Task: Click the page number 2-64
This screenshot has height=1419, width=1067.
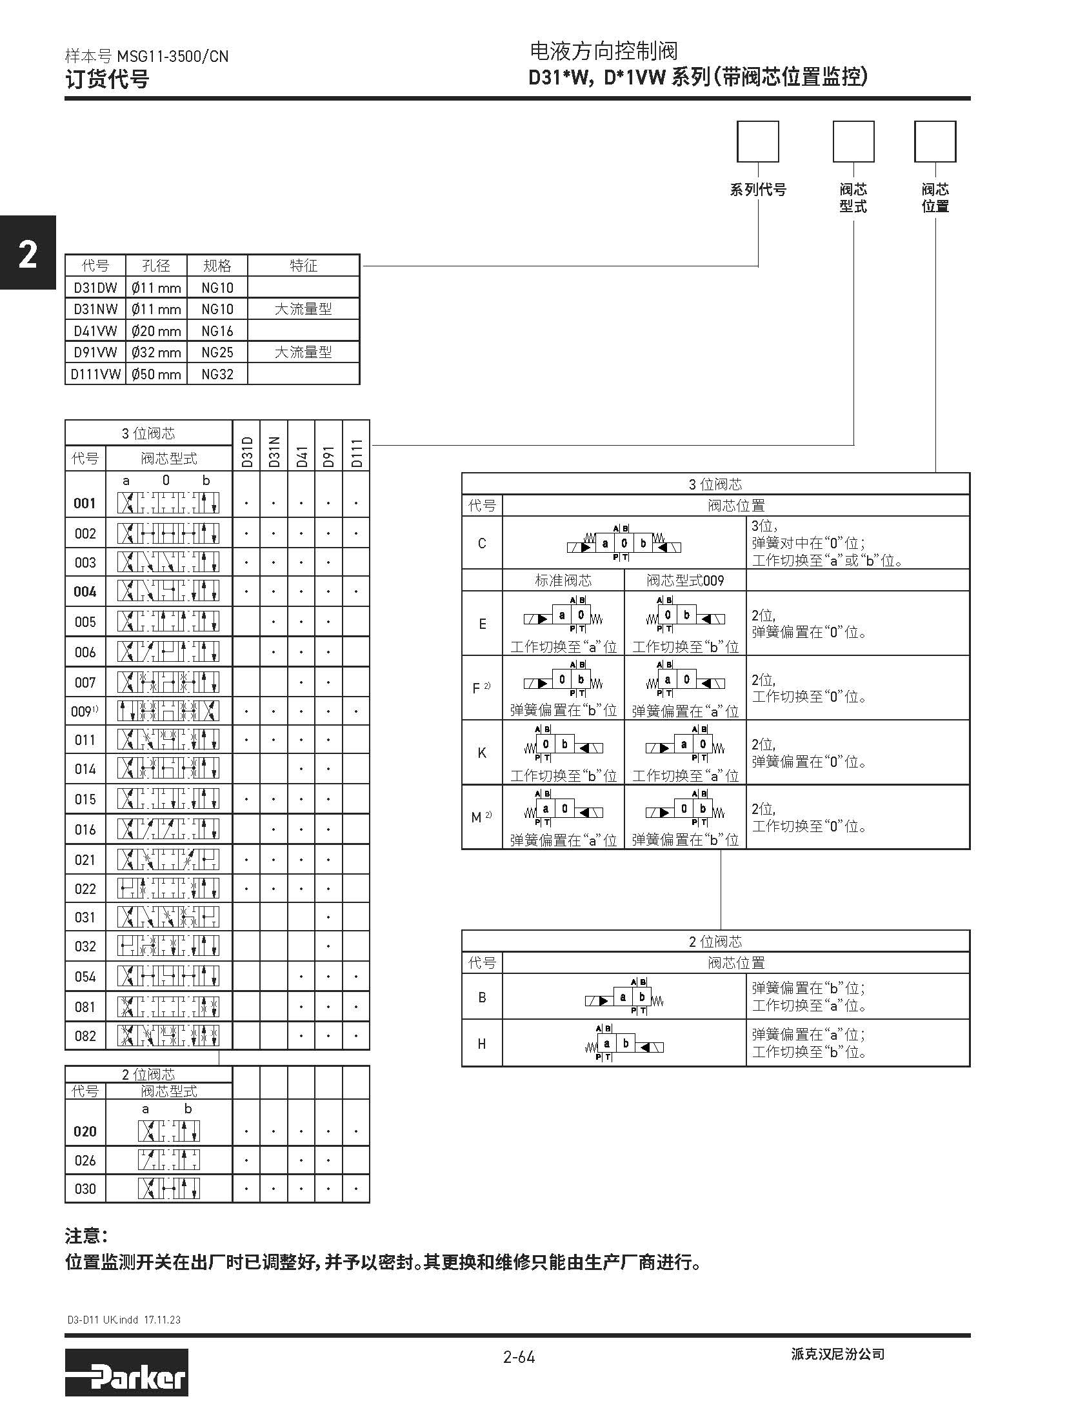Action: [519, 1357]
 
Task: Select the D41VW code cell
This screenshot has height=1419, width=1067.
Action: [95, 331]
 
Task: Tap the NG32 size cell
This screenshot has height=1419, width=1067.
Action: [217, 374]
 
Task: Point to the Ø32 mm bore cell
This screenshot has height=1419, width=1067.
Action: [156, 353]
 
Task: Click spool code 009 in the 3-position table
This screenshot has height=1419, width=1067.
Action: [83, 711]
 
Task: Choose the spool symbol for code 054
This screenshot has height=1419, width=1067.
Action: [168, 976]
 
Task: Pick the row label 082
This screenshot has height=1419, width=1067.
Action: [85, 1036]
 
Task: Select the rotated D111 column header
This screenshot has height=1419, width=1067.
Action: [357, 452]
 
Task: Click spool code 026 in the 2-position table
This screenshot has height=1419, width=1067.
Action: [85, 1160]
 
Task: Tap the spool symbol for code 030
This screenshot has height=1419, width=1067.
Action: [168, 1188]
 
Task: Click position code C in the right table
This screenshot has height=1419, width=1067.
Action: [482, 543]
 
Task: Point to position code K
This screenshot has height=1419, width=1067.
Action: [482, 753]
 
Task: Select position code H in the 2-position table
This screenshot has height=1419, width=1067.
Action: [482, 1044]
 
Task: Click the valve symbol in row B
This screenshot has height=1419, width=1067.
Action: [624, 998]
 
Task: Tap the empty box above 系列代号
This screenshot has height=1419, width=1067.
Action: [757, 141]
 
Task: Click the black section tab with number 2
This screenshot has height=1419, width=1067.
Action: [28, 253]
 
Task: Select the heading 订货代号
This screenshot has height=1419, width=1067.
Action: [107, 79]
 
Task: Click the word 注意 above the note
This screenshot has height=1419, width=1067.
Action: [86, 1236]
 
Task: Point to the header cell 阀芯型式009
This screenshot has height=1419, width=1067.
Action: [685, 580]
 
